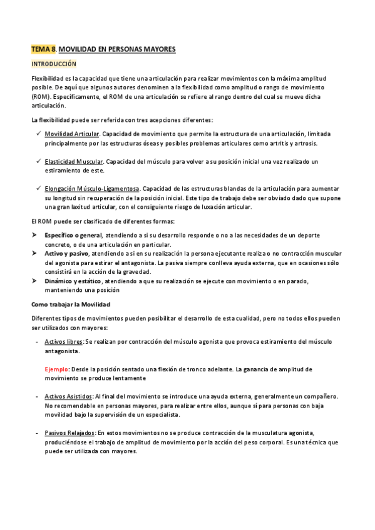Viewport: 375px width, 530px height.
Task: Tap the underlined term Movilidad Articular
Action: (72, 134)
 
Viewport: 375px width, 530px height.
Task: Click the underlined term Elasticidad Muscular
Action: (73, 161)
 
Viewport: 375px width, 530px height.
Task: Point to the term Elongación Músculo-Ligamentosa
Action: (92, 188)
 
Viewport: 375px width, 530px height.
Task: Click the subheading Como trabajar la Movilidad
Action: (71, 304)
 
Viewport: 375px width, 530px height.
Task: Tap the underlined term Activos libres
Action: (64, 341)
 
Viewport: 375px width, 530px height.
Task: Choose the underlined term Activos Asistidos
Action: (68, 396)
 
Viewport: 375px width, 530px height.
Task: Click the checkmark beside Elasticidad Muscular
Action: (38, 161)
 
